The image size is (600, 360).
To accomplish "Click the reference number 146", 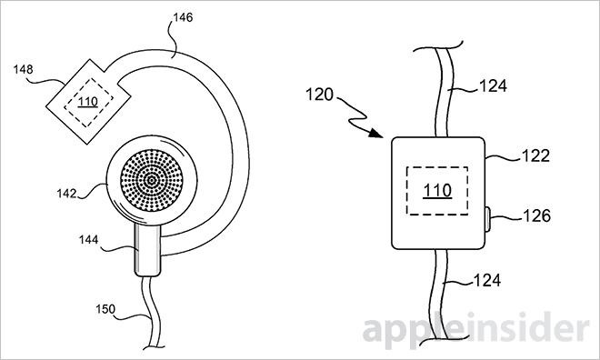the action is tap(183, 17).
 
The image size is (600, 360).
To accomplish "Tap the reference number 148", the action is tap(24, 69).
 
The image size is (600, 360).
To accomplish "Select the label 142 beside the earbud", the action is tap(67, 194).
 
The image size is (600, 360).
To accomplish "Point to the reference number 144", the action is tap(89, 239).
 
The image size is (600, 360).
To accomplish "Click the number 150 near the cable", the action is tap(105, 309).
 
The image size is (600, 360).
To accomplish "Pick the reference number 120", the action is tap(319, 95).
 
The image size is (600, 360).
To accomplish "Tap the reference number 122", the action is tap(535, 155).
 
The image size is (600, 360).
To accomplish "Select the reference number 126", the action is tap(536, 216).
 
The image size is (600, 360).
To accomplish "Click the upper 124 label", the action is tap(493, 86).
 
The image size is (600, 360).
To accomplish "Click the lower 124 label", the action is tap(487, 280).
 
